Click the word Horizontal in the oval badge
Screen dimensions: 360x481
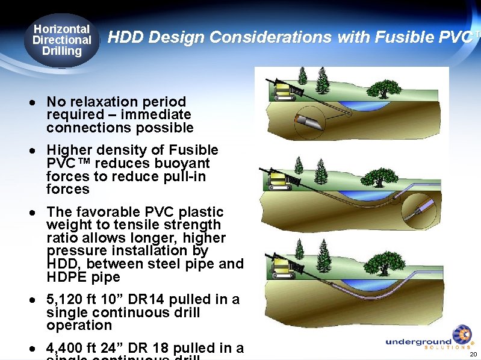61,29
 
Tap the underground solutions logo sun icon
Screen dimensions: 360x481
462,335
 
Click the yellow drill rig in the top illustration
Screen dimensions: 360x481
284,91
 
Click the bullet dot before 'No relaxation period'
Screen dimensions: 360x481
37,102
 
